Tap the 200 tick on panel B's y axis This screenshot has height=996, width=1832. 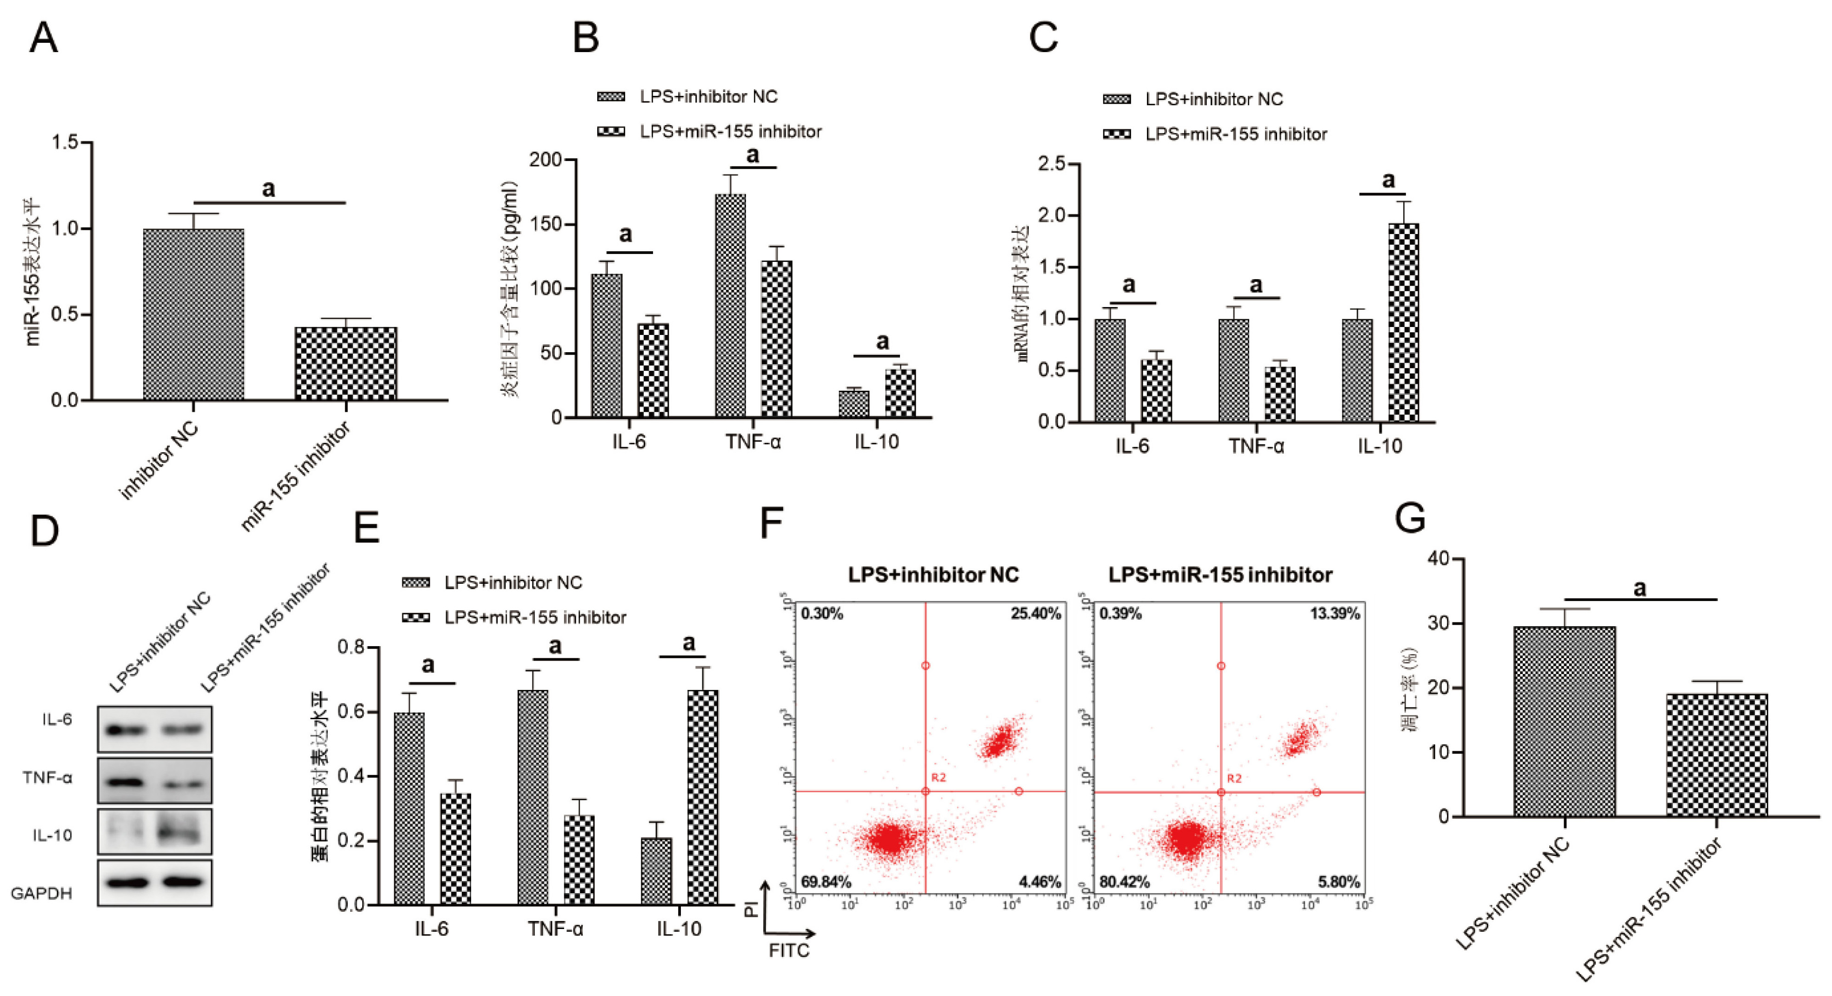tap(546, 160)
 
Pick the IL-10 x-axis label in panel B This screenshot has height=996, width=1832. tap(876, 442)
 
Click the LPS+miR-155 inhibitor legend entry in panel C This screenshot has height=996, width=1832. tap(1235, 134)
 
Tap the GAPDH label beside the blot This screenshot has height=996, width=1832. tap(41, 893)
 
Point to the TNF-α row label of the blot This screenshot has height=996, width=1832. tap(47, 778)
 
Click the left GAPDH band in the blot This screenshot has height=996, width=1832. tap(125, 882)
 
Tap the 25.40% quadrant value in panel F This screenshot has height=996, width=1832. tap(1035, 613)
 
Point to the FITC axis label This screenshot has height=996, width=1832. tap(789, 950)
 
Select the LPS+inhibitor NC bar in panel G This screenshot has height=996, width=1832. tap(1565, 722)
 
